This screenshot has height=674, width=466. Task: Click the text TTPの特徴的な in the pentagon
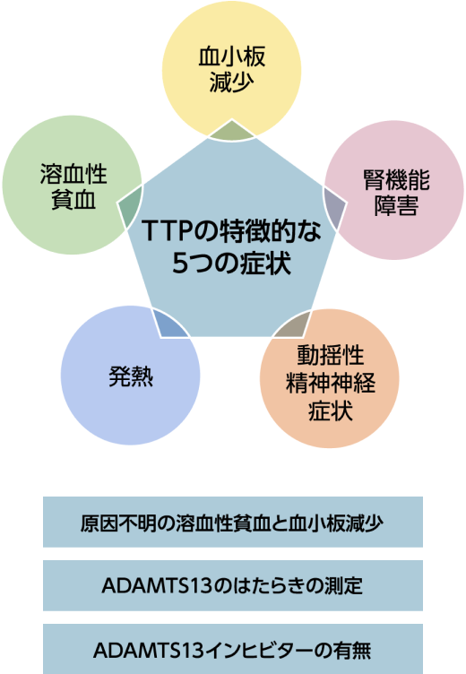click(231, 231)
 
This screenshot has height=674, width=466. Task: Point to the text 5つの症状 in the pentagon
click(231, 263)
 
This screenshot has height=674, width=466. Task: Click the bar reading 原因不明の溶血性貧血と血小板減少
click(233, 522)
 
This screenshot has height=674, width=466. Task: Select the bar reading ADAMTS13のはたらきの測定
click(233, 585)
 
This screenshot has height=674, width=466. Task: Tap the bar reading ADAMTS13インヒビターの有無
click(233, 649)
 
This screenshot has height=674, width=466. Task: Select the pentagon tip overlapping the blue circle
click(169, 324)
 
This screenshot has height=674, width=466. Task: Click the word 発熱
click(131, 376)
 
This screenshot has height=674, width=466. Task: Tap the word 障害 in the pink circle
click(396, 206)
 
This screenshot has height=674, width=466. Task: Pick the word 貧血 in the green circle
click(73, 200)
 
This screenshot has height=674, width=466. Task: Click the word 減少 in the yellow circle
click(231, 82)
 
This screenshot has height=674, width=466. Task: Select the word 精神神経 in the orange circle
click(330, 383)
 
